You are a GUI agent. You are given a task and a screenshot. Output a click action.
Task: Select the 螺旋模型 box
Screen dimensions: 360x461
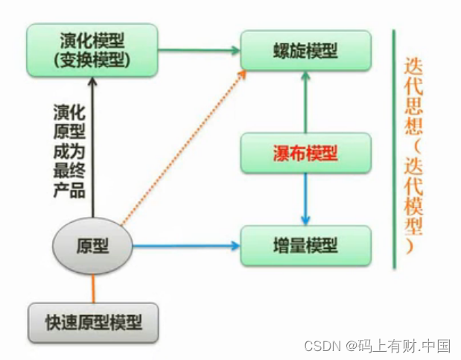(305, 51)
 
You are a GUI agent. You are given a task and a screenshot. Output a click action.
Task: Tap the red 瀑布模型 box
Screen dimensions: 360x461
(305, 154)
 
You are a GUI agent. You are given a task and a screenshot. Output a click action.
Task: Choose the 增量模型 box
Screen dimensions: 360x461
(305, 245)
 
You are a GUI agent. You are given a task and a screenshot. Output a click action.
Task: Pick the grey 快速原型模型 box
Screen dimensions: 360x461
(92, 323)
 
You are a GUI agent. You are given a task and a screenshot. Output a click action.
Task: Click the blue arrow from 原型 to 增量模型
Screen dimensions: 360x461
(186, 245)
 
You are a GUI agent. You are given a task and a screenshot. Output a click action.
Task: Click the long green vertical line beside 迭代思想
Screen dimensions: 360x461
(393, 149)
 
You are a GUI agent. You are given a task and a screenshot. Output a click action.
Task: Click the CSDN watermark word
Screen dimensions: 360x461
(321, 346)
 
